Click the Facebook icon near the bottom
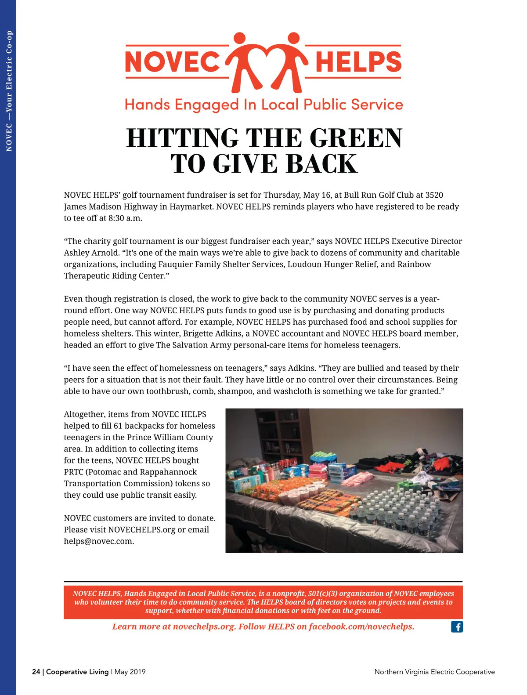[457, 626]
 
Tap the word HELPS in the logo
[358, 62]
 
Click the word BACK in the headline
[321, 164]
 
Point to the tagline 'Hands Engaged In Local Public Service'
[263, 105]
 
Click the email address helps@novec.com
[99, 541]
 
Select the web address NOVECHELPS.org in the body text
[141, 530]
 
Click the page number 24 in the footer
[36, 672]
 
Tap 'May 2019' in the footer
[130, 672]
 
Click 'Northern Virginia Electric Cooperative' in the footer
[434, 672]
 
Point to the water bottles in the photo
[395, 505]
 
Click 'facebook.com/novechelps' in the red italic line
[361, 626]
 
